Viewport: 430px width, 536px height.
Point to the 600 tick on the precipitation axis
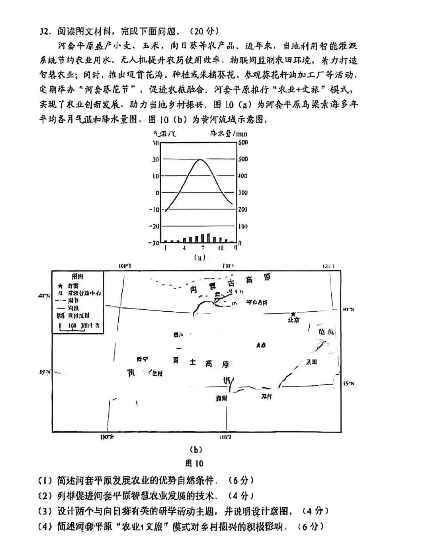242,142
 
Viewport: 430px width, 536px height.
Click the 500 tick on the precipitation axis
242,159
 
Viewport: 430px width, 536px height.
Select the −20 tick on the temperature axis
154,226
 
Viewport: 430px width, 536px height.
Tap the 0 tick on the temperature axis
157,193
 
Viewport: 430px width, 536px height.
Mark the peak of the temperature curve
201,159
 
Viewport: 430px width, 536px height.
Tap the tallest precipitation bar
208,238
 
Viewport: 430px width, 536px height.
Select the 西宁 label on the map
142,359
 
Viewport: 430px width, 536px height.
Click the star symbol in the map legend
60,285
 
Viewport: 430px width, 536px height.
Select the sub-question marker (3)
45,511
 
